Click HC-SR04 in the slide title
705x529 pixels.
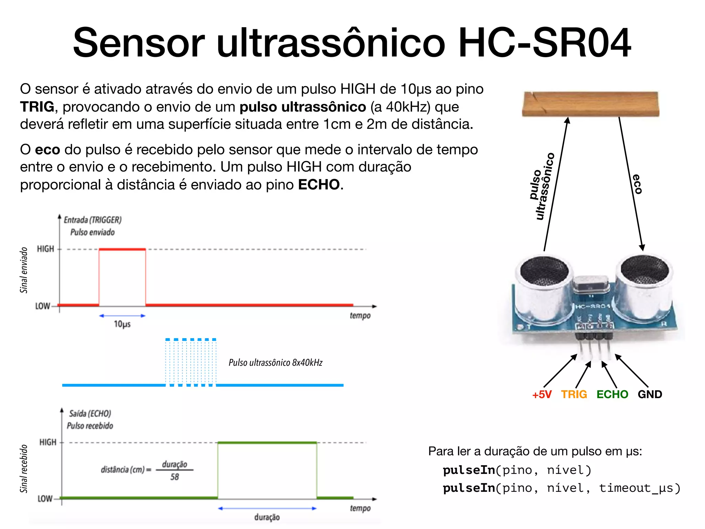pyautogui.click(x=545, y=43)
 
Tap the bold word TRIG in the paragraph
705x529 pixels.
pyautogui.click(x=37, y=107)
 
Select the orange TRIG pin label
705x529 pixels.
pyautogui.click(x=574, y=394)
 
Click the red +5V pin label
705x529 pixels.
pyautogui.click(x=542, y=394)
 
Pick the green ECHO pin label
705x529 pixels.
pyautogui.click(x=612, y=394)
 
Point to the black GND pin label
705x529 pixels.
pyautogui.click(x=650, y=394)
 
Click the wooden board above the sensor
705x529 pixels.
pyautogui.click(x=590, y=104)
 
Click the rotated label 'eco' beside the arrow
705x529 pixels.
pyautogui.click(x=637, y=184)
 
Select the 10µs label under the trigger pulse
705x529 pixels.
pyautogui.click(x=122, y=324)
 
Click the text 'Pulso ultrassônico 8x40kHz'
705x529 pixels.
pyautogui.click(x=275, y=363)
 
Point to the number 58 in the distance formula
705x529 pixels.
pyautogui.click(x=175, y=477)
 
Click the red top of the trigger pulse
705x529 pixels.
pyautogui.click(x=122, y=249)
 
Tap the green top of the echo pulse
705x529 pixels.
pyautogui.click(x=267, y=443)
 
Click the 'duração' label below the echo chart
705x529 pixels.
pyautogui.click(x=267, y=517)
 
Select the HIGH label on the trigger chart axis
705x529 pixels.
pyautogui.click(x=45, y=249)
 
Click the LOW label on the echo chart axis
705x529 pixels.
pyautogui.click(x=45, y=499)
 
